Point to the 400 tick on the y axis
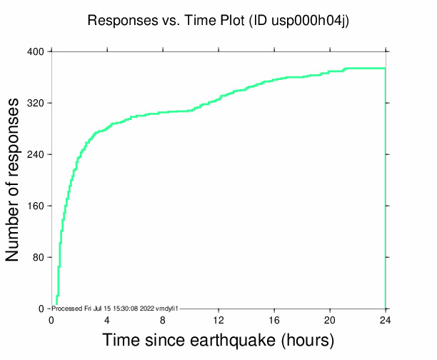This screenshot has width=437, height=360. click(36, 52)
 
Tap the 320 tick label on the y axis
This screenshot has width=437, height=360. click(36, 104)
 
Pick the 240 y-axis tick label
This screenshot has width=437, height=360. click(36, 155)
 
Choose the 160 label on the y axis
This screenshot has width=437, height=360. click(36, 206)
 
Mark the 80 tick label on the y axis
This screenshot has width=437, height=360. click(38, 258)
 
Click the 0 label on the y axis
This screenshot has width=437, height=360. click(41, 309)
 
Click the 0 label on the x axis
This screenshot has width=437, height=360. click(51, 320)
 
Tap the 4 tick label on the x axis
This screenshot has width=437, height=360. click(107, 320)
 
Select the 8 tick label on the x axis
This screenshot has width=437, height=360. click(163, 320)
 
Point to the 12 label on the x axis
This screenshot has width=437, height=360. click(218, 320)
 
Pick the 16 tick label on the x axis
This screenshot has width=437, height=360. click(274, 320)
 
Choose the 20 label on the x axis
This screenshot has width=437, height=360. click(330, 320)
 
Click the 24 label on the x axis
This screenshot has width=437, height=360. click(386, 320)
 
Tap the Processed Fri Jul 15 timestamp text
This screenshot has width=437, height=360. click(114, 308)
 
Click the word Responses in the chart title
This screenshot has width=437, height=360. click(117, 21)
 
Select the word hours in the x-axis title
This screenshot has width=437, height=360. click(306, 340)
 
